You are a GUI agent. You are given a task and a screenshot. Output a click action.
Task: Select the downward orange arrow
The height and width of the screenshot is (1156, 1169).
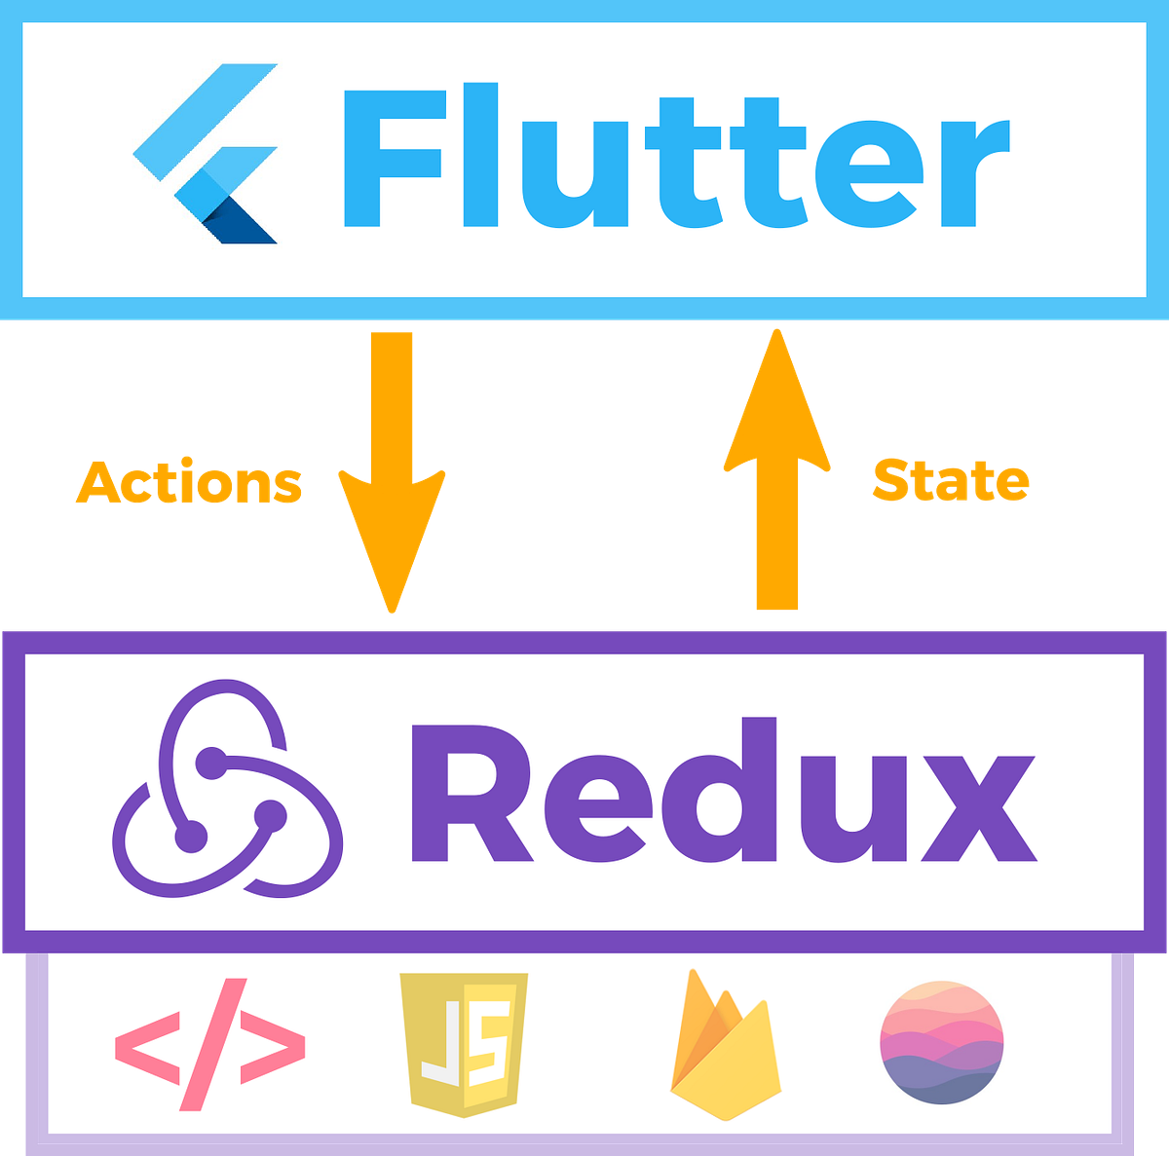392,467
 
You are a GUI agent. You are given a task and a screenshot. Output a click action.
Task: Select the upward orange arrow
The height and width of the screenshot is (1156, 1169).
777,467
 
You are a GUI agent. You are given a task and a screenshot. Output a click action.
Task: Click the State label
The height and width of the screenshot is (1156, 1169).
951,480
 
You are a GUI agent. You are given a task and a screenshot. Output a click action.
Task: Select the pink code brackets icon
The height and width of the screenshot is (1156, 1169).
210,1045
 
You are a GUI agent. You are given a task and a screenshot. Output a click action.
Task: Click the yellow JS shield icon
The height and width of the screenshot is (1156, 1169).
465,1044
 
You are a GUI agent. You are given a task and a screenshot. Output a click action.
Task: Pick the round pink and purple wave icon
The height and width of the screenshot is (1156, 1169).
940,1042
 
